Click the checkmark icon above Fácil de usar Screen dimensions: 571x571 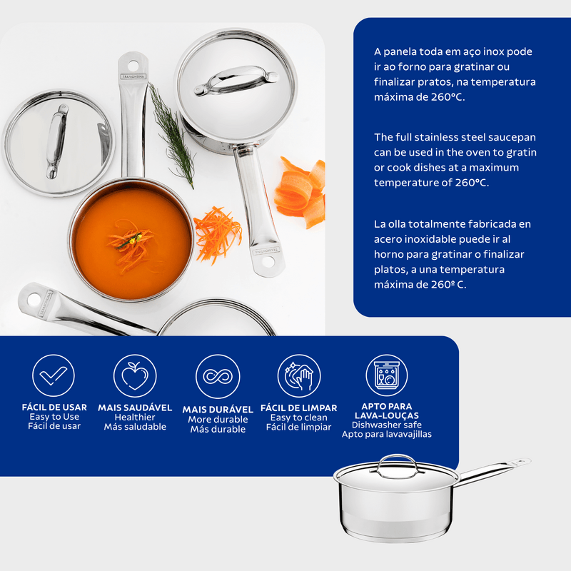coord(53,375)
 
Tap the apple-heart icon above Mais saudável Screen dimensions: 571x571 coord(135,375)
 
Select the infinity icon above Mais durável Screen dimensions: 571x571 coord(218,377)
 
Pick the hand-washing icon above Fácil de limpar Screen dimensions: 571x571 coord(299,376)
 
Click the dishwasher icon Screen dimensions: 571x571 coord(387,375)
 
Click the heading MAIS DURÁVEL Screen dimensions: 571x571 coord(218,409)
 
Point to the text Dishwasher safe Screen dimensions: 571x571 coord(387,425)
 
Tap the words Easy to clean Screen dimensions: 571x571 coord(298,418)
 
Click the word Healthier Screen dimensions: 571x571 coord(135,418)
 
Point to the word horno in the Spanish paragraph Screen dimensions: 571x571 coord(388,254)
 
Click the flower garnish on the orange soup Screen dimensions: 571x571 coord(135,239)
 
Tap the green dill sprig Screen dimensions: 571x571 coord(172,136)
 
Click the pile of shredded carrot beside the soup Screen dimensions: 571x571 coord(218,234)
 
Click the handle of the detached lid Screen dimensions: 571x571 coord(57,141)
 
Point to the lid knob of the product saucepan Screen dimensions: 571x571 coord(397,465)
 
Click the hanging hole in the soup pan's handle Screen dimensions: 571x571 coord(133,66)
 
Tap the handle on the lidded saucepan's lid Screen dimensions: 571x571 coord(236,81)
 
